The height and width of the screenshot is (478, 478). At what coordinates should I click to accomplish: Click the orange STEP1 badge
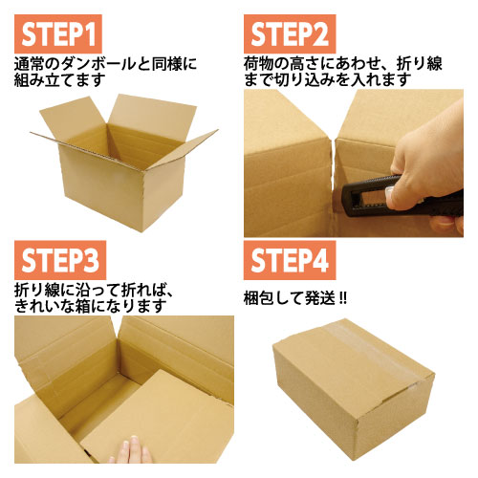click(58, 34)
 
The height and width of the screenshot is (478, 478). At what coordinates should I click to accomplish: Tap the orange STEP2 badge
click(290, 34)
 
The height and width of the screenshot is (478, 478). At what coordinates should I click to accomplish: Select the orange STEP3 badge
click(60, 260)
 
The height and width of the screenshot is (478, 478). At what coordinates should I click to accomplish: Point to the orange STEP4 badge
click(290, 260)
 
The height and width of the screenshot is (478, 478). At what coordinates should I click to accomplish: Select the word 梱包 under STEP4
click(258, 299)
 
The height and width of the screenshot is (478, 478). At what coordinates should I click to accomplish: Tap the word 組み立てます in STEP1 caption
click(59, 79)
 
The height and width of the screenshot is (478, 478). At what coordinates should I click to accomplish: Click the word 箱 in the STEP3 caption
click(82, 306)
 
